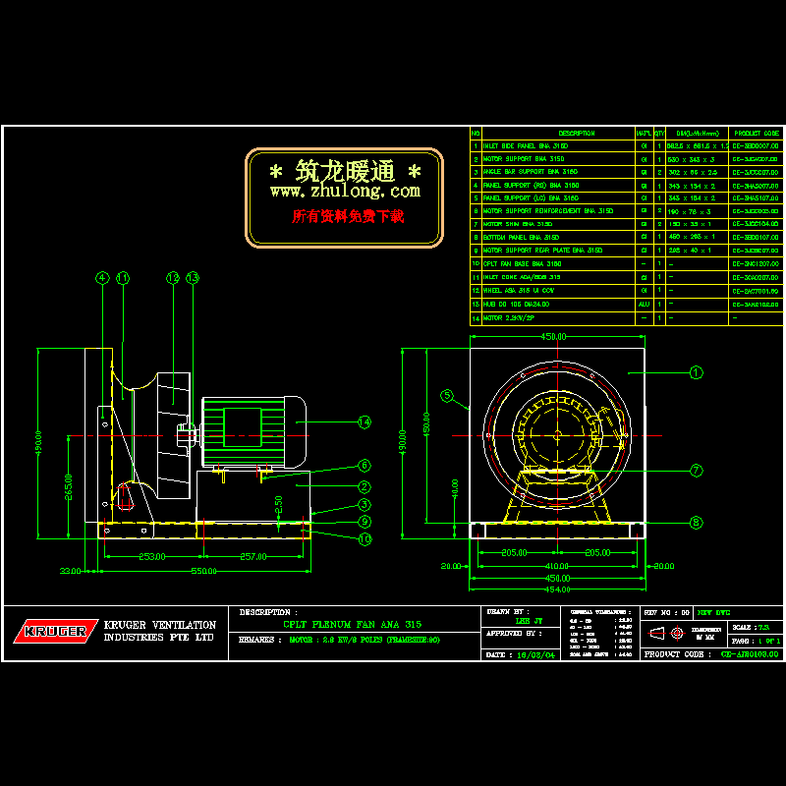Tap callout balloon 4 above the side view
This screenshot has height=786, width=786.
point(102,278)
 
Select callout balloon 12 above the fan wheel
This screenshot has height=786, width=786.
point(172,278)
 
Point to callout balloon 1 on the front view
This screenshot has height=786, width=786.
point(696,372)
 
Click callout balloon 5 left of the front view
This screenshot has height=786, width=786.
point(447,397)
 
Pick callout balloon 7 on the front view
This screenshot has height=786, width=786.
point(696,471)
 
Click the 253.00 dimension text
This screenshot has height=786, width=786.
point(150,556)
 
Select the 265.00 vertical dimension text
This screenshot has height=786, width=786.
point(68,486)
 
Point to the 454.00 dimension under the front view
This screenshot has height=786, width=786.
point(556,589)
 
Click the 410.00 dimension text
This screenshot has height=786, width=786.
point(557,566)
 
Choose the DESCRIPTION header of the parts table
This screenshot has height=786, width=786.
point(576,133)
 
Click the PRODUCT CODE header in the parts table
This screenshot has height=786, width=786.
point(756,133)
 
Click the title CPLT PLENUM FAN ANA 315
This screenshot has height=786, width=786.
point(353,624)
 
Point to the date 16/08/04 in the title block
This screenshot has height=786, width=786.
point(542,653)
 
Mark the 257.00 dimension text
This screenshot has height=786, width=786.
point(253,556)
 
